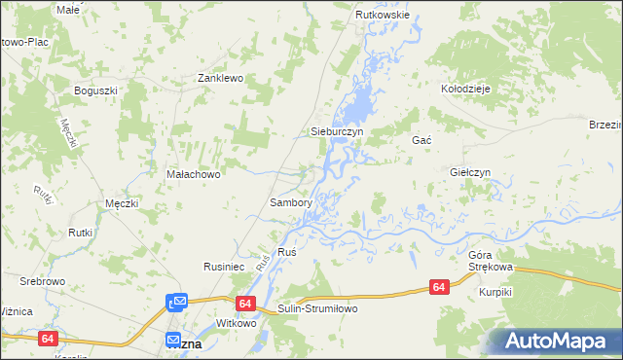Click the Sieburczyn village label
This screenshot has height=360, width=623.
coord(336,130)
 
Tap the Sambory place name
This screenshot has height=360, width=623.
coord(290,203)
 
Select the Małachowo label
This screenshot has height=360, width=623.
coord(195,175)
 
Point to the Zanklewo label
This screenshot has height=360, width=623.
coord(220,78)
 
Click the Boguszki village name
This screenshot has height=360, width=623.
coord(95,90)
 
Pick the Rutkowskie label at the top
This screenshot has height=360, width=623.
coord(383,16)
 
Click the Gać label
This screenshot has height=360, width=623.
coord(421,140)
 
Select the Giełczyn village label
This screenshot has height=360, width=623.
coord(470,172)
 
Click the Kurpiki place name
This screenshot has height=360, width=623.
coord(495,292)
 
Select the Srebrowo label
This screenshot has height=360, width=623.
coord(41,281)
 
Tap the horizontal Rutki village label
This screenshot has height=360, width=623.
coord(80,233)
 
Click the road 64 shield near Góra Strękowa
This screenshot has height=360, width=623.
coord(439,287)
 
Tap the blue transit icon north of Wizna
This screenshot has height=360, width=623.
coord(176,303)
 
